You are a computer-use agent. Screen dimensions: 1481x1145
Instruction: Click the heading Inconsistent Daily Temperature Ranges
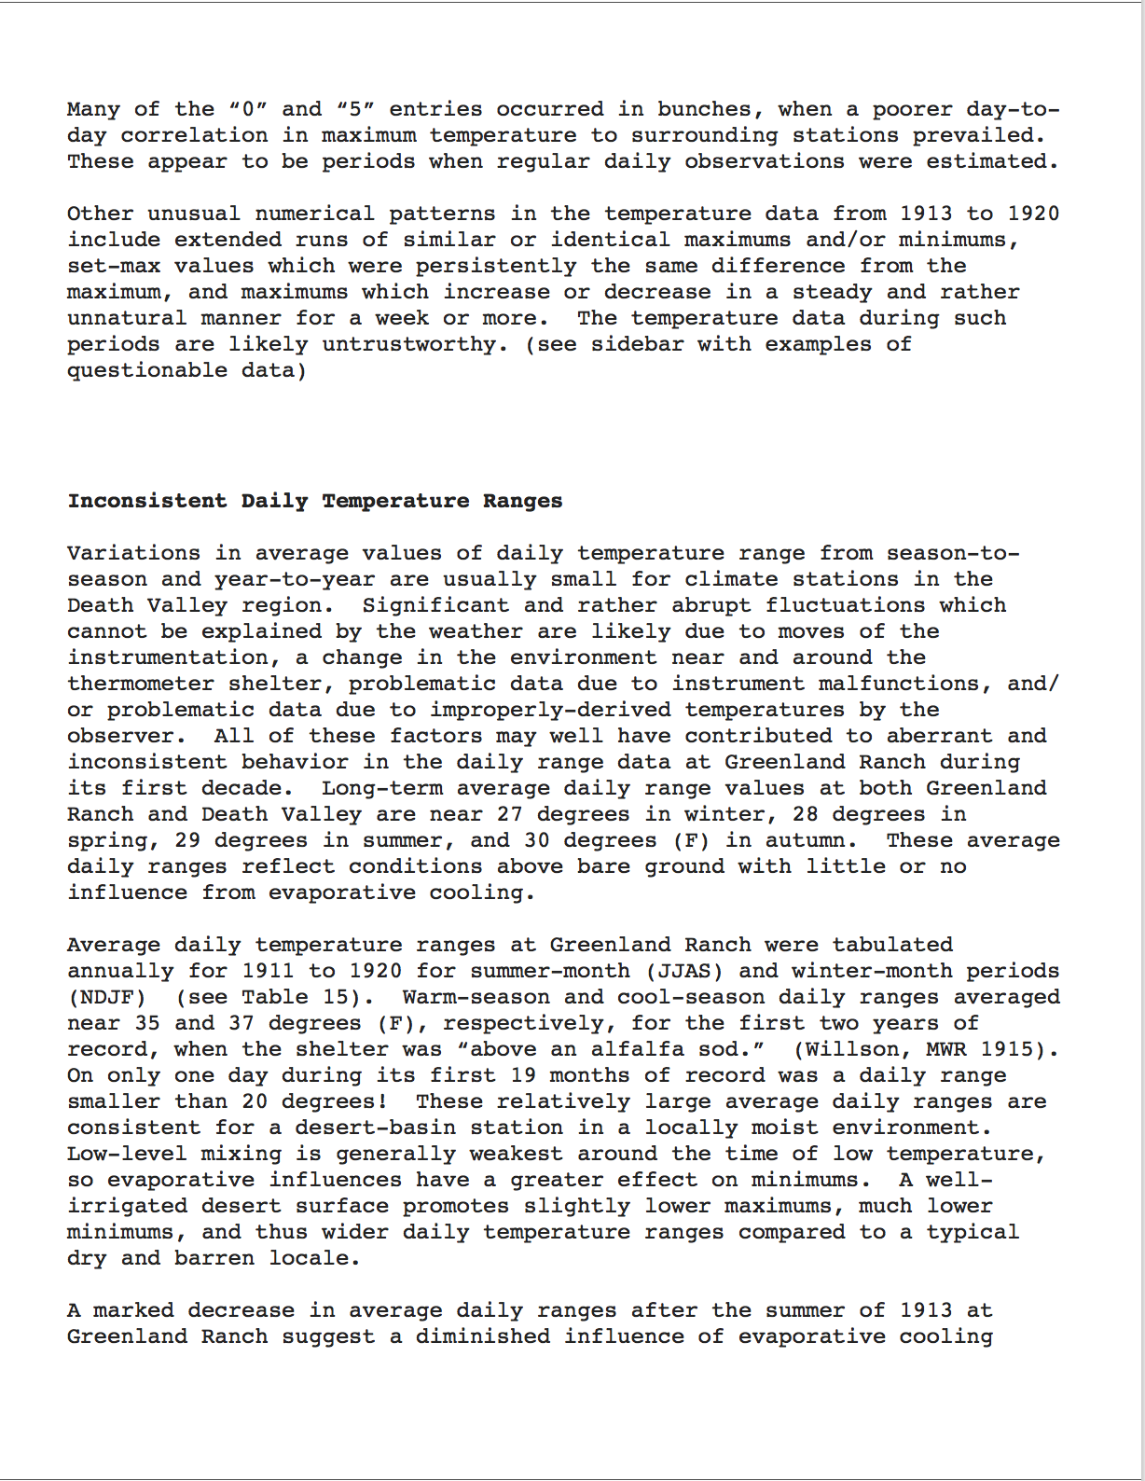[314, 501]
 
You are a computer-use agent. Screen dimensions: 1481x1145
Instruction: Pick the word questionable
[146, 370]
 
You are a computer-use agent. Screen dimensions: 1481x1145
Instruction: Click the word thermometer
[140, 684]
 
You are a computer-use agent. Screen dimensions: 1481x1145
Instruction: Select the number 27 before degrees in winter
[509, 814]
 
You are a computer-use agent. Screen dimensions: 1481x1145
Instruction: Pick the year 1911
[268, 971]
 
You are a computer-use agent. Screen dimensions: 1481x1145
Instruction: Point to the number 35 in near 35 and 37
[146, 1023]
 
